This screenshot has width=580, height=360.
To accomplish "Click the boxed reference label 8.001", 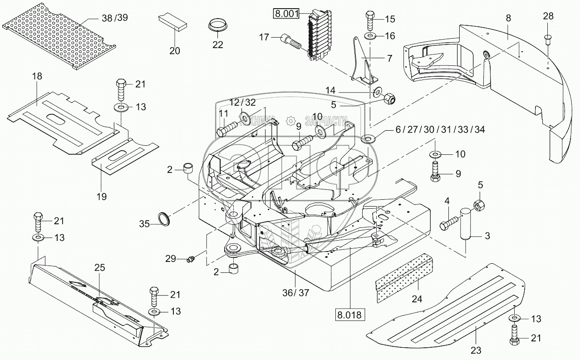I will tap(285, 13).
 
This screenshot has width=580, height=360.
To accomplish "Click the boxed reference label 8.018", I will tap(350, 314).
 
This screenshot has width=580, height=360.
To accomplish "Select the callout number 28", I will tap(548, 17).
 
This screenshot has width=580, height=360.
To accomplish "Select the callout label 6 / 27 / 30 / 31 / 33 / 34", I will tap(440, 129).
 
